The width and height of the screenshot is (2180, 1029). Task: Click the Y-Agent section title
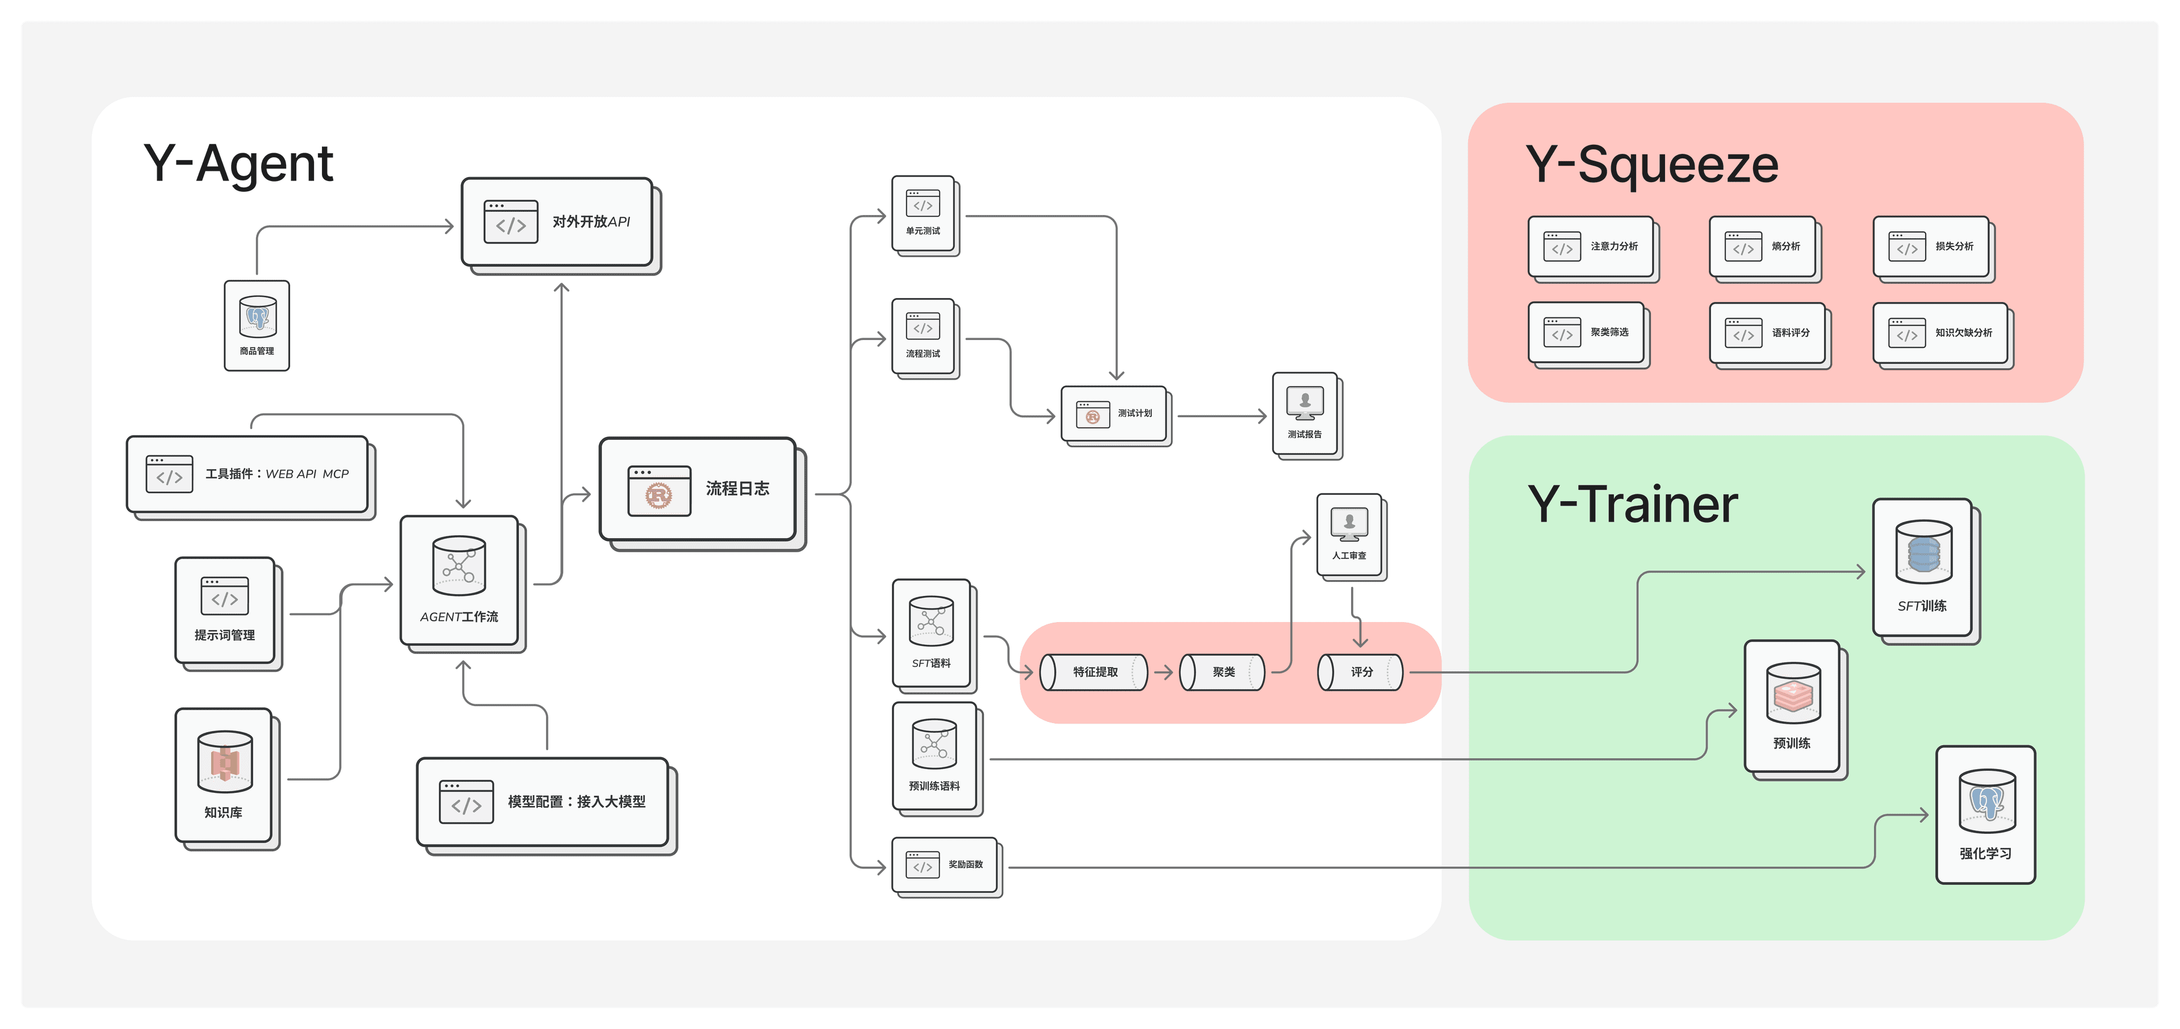(x=238, y=163)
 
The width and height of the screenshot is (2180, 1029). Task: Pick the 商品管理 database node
(x=257, y=326)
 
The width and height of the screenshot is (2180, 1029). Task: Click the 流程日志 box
(x=698, y=489)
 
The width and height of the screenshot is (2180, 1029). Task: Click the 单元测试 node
(x=923, y=214)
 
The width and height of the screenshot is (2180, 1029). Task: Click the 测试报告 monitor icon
(x=1305, y=404)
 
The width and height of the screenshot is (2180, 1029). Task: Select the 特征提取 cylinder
(x=1094, y=672)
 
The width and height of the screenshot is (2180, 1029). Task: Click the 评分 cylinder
(x=1360, y=672)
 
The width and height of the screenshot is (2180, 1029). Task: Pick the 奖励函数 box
(x=945, y=865)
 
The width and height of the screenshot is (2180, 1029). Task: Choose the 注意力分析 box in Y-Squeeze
(x=1591, y=246)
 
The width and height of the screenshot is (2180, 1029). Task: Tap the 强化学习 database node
(x=1986, y=814)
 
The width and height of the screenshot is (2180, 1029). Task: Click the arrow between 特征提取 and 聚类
(x=1164, y=673)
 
